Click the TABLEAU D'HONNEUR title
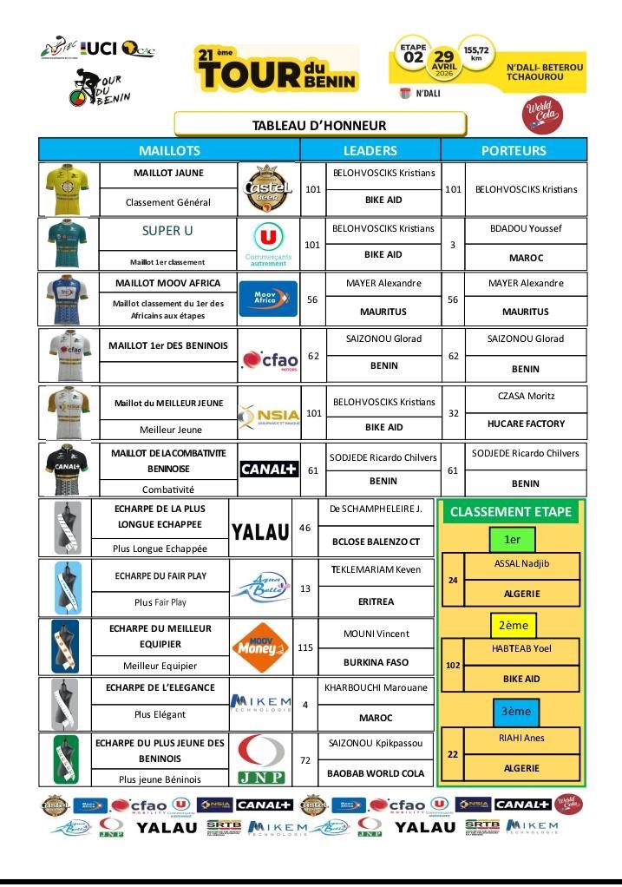pyautogui.click(x=319, y=125)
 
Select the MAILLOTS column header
pyautogui.click(x=169, y=150)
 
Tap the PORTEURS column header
pyautogui.click(x=514, y=150)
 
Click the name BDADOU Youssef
pyautogui.click(x=526, y=228)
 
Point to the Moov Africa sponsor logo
pyautogui.click(x=267, y=299)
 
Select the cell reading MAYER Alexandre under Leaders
pyautogui.click(x=383, y=283)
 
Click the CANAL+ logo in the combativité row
pyautogui.click(x=268, y=470)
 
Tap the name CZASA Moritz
pyautogui.click(x=525, y=396)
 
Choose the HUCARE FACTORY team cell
pyautogui.click(x=526, y=424)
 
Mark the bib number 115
pyautogui.click(x=305, y=647)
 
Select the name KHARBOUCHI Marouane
pyautogui.click(x=376, y=687)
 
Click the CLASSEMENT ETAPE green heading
pyautogui.click(x=511, y=512)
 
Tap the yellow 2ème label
pyautogui.click(x=512, y=624)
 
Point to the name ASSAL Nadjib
pyautogui.click(x=521, y=563)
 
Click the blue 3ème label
pyautogui.click(x=511, y=711)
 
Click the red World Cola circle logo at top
pyautogui.click(x=544, y=115)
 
